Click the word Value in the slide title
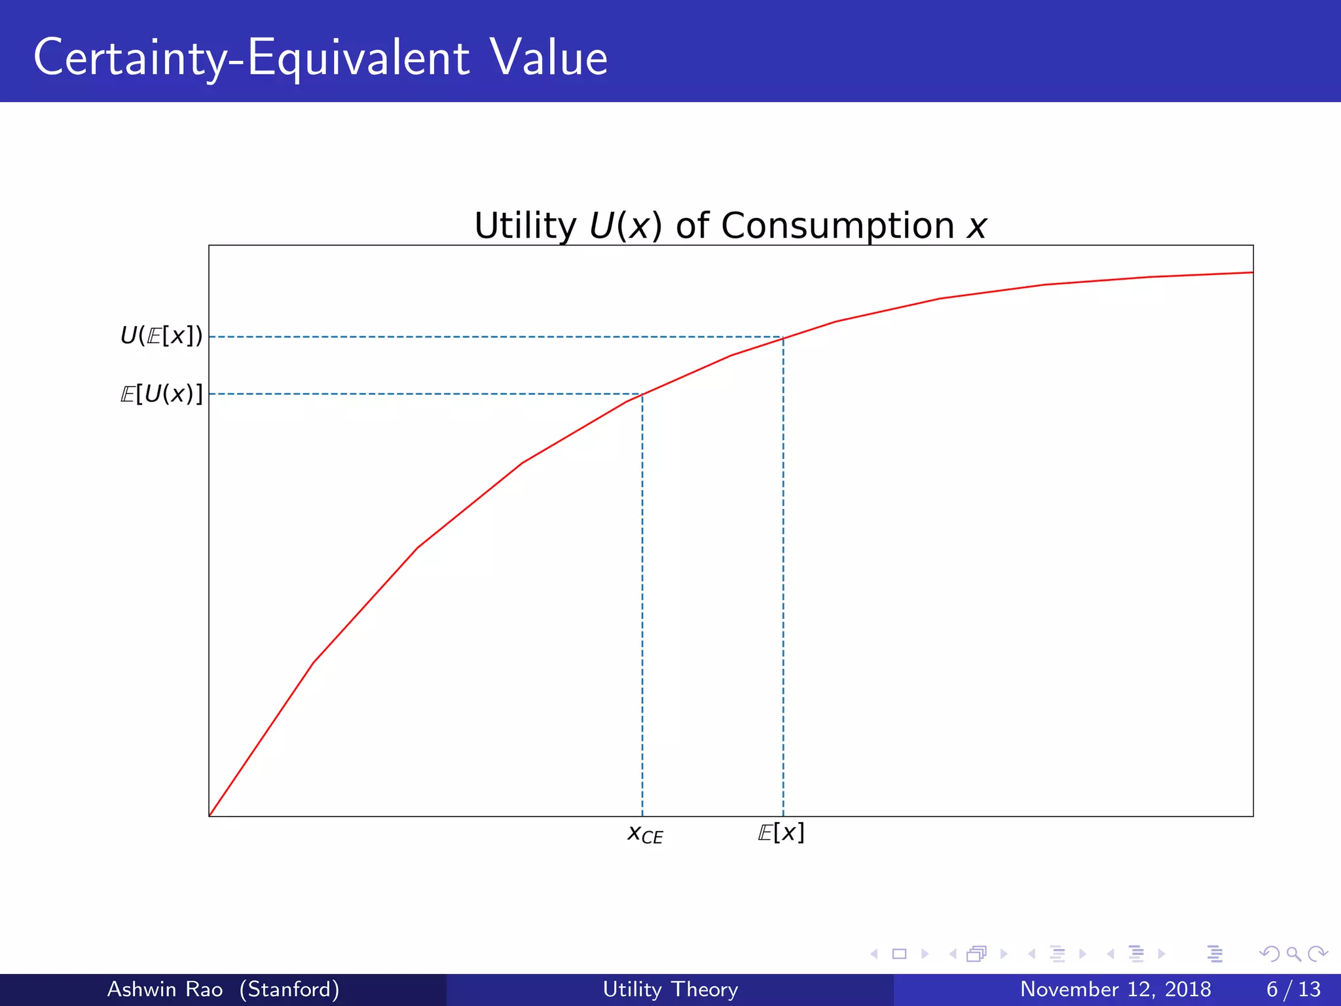(x=549, y=58)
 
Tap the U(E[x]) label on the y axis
(x=161, y=336)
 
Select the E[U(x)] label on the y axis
(x=161, y=394)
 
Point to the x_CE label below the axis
(x=645, y=834)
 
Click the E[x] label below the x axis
(x=781, y=832)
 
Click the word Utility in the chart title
(x=525, y=226)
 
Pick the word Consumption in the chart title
(x=837, y=226)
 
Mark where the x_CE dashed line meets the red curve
(x=642, y=394)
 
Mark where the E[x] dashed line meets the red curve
(x=783, y=338)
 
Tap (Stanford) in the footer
(x=289, y=989)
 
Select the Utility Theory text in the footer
(x=670, y=989)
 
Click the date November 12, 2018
(x=1115, y=989)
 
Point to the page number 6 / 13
(x=1293, y=989)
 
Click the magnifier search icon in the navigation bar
(x=1293, y=954)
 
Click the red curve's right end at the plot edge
(x=1252, y=272)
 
